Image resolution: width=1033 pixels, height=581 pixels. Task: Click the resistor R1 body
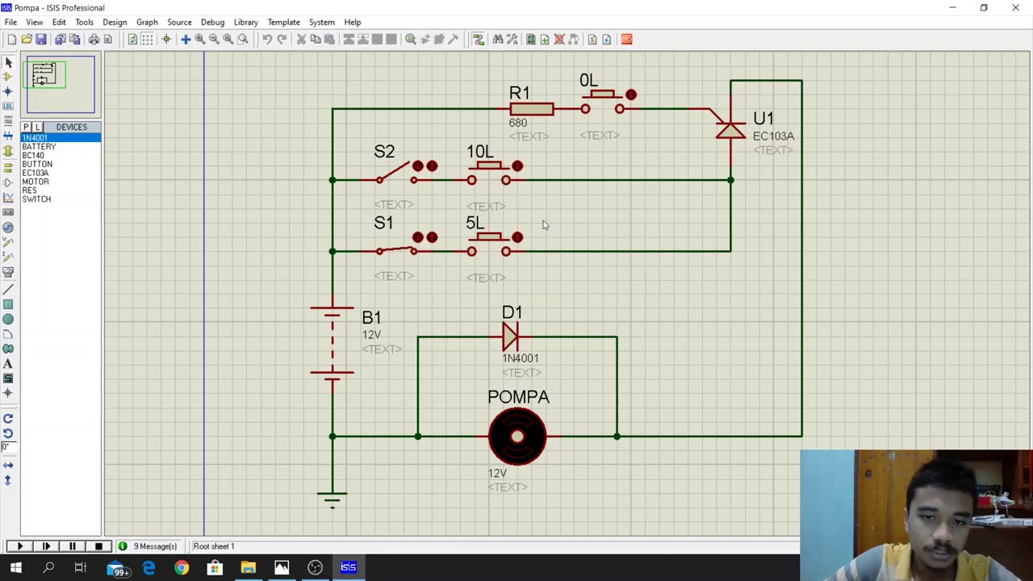click(531, 109)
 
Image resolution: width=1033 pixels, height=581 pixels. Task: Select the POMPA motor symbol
click(517, 437)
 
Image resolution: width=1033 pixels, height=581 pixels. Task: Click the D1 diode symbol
click(511, 336)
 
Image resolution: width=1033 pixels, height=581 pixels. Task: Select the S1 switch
click(396, 249)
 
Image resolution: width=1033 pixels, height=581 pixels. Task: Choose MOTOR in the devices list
click(36, 182)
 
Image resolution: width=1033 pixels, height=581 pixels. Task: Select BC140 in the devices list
click(33, 155)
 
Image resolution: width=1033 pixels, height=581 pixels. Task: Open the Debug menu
click(212, 22)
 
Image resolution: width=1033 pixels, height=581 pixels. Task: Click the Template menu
click(283, 22)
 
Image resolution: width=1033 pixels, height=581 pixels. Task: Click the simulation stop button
click(98, 546)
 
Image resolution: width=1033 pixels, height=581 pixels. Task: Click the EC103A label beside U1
click(773, 136)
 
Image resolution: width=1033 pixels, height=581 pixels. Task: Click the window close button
click(1015, 8)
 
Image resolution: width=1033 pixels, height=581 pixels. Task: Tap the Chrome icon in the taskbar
click(182, 568)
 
